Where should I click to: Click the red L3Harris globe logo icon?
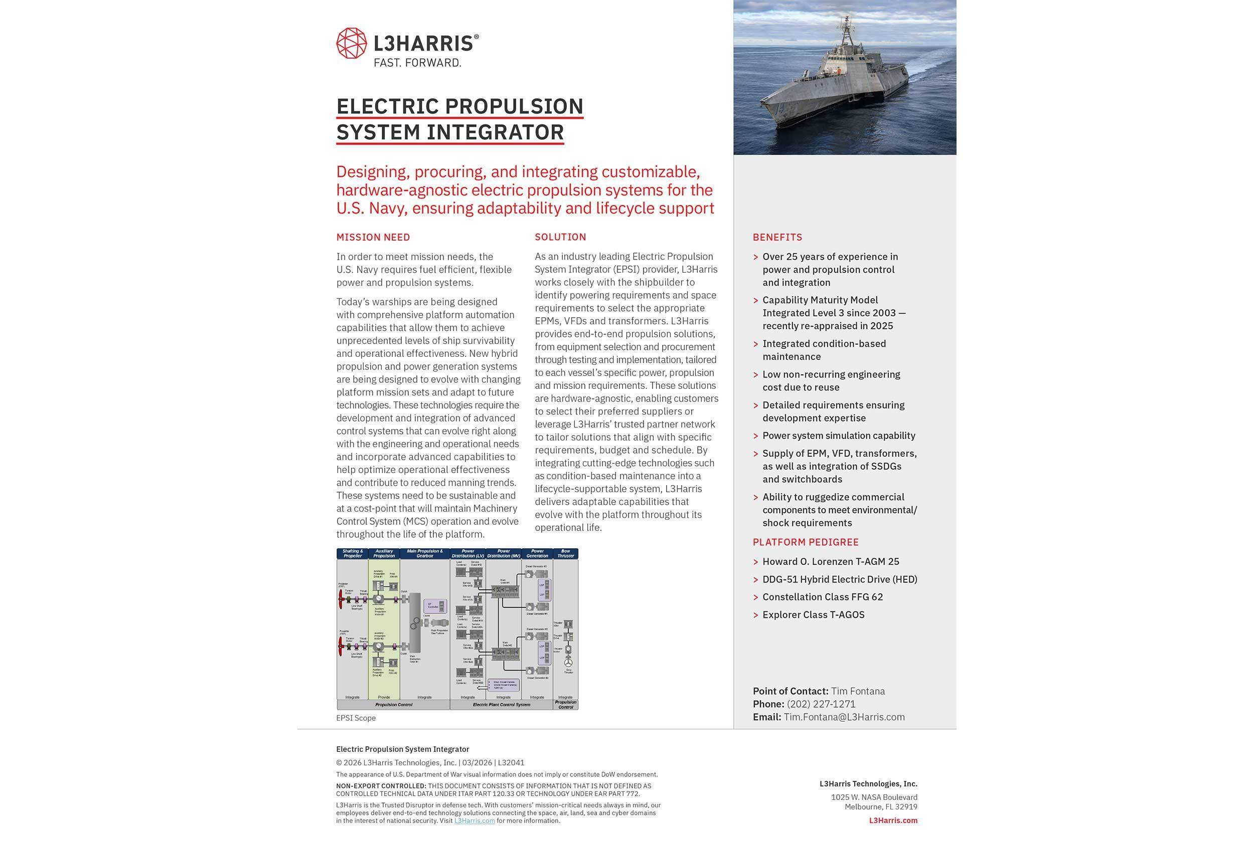point(351,43)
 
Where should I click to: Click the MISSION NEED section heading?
point(373,237)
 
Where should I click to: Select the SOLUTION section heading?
point(560,237)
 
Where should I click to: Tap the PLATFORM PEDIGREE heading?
point(805,542)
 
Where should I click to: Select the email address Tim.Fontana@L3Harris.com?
point(844,717)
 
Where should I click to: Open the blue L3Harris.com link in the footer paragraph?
point(475,821)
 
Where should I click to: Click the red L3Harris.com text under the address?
point(892,820)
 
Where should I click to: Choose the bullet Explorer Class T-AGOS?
point(813,615)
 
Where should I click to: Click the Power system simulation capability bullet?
point(839,436)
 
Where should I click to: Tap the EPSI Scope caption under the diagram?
point(356,718)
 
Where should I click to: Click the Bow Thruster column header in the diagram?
point(565,554)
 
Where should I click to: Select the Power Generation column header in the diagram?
point(537,554)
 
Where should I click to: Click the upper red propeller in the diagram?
point(341,597)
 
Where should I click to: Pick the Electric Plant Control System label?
point(501,705)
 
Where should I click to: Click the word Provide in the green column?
point(384,697)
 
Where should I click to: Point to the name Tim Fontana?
point(857,691)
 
